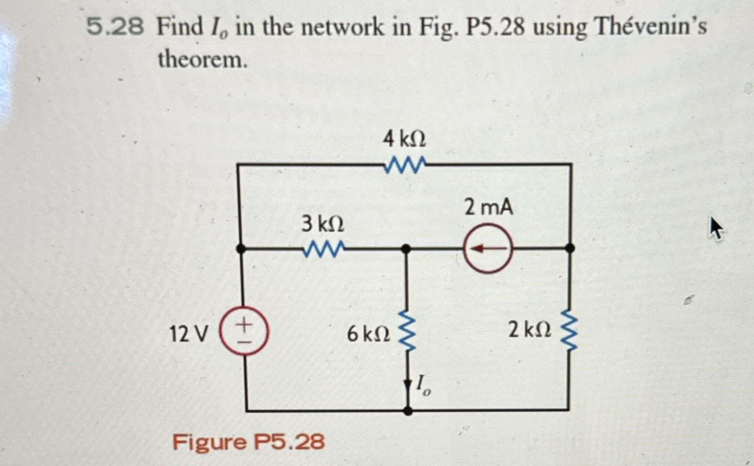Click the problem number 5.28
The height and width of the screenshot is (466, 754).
pyautogui.click(x=115, y=28)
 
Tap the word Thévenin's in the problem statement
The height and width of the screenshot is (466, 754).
pyautogui.click(x=650, y=28)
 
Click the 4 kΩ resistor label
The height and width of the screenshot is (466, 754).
pyautogui.click(x=404, y=140)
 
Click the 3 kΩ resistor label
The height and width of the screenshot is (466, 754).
pyautogui.click(x=322, y=225)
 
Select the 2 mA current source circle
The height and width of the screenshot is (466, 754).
pyautogui.click(x=488, y=249)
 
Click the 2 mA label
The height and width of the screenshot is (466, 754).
pyautogui.click(x=488, y=208)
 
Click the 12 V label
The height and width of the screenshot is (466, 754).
pyautogui.click(x=188, y=334)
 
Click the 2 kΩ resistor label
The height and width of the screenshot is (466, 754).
pyautogui.click(x=529, y=331)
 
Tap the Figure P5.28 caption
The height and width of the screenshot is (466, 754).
pyautogui.click(x=248, y=443)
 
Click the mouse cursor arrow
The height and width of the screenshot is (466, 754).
pyautogui.click(x=716, y=229)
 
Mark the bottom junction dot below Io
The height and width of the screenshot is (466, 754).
pyautogui.click(x=408, y=410)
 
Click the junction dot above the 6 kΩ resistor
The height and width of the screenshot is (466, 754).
pyautogui.click(x=406, y=249)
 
